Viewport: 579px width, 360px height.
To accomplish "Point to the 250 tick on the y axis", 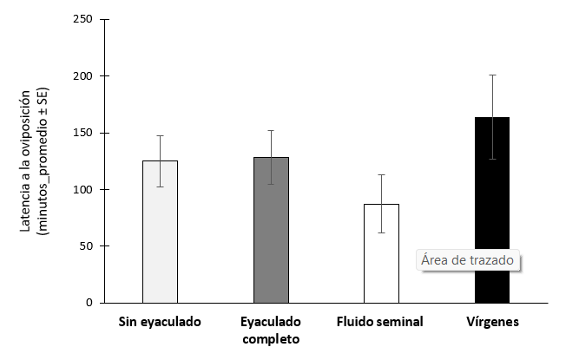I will [x=84, y=20].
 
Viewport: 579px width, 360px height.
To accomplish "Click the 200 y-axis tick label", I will [x=84, y=76].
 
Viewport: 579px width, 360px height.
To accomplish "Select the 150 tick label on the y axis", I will [x=84, y=133].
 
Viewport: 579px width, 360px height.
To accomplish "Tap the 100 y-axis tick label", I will [x=84, y=189].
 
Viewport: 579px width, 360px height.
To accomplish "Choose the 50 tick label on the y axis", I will [x=87, y=246].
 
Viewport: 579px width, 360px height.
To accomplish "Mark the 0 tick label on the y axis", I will [x=90, y=303].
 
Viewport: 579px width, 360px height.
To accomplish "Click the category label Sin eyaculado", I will [x=160, y=322].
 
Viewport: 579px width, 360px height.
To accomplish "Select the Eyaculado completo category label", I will [x=271, y=330].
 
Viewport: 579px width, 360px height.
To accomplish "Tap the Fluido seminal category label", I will [x=381, y=322].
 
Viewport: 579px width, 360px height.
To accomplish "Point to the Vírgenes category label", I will [x=492, y=322].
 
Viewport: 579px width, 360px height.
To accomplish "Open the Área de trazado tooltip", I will [x=468, y=259].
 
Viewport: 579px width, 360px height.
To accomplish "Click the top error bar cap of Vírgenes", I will [x=492, y=75].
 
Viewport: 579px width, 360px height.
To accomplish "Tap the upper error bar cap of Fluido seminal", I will [x=381, y=174].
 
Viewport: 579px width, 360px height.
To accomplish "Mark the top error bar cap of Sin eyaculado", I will [x=160, y=135].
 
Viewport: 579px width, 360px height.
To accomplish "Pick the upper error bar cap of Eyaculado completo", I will [x=271, y=130].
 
